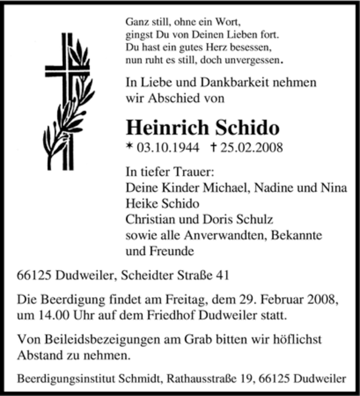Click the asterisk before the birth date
130,147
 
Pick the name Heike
141,203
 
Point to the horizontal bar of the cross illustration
67,69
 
